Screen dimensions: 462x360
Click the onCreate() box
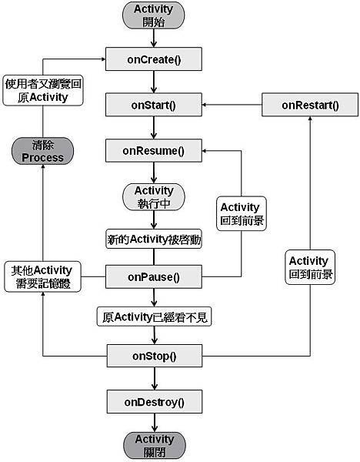154,59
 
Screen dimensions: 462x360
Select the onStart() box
154,105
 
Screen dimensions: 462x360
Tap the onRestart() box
310,105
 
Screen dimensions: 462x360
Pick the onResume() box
154,151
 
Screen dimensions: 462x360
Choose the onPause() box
154,276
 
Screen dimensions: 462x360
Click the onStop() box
154,356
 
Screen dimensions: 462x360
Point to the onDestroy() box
154,401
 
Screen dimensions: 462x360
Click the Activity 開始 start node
154,15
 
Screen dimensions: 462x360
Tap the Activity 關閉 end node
154,446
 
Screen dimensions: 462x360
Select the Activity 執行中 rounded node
154,198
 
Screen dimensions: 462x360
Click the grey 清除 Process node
42,151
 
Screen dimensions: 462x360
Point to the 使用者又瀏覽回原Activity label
42,91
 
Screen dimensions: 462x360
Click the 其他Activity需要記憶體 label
42,276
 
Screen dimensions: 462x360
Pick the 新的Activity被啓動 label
154,239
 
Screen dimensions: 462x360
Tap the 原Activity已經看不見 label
154,316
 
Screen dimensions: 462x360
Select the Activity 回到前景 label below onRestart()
310,267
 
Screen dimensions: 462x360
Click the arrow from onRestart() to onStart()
231,105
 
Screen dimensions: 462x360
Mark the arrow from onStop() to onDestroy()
155,378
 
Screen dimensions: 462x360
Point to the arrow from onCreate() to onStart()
155,82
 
